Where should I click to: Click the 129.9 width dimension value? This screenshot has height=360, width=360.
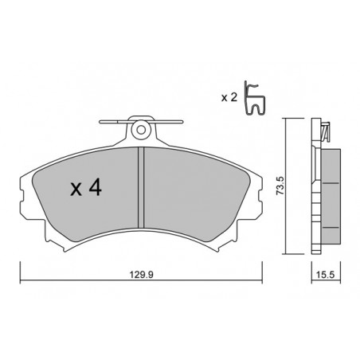point(141,275)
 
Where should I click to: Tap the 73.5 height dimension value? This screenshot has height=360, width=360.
point(280,186)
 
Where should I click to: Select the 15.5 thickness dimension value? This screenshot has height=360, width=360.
point(326,275)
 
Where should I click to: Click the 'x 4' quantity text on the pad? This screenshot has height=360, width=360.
point(86,188)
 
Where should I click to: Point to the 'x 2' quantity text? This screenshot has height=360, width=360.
point(229,98)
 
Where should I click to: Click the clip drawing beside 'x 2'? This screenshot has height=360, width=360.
point(254,98)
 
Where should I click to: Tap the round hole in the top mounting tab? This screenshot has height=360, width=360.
point(141,130)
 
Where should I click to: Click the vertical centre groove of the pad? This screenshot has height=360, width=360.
point(141,187)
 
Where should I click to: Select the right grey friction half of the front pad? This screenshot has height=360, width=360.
point(197,191)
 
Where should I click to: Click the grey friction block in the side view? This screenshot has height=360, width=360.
point(331,197)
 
